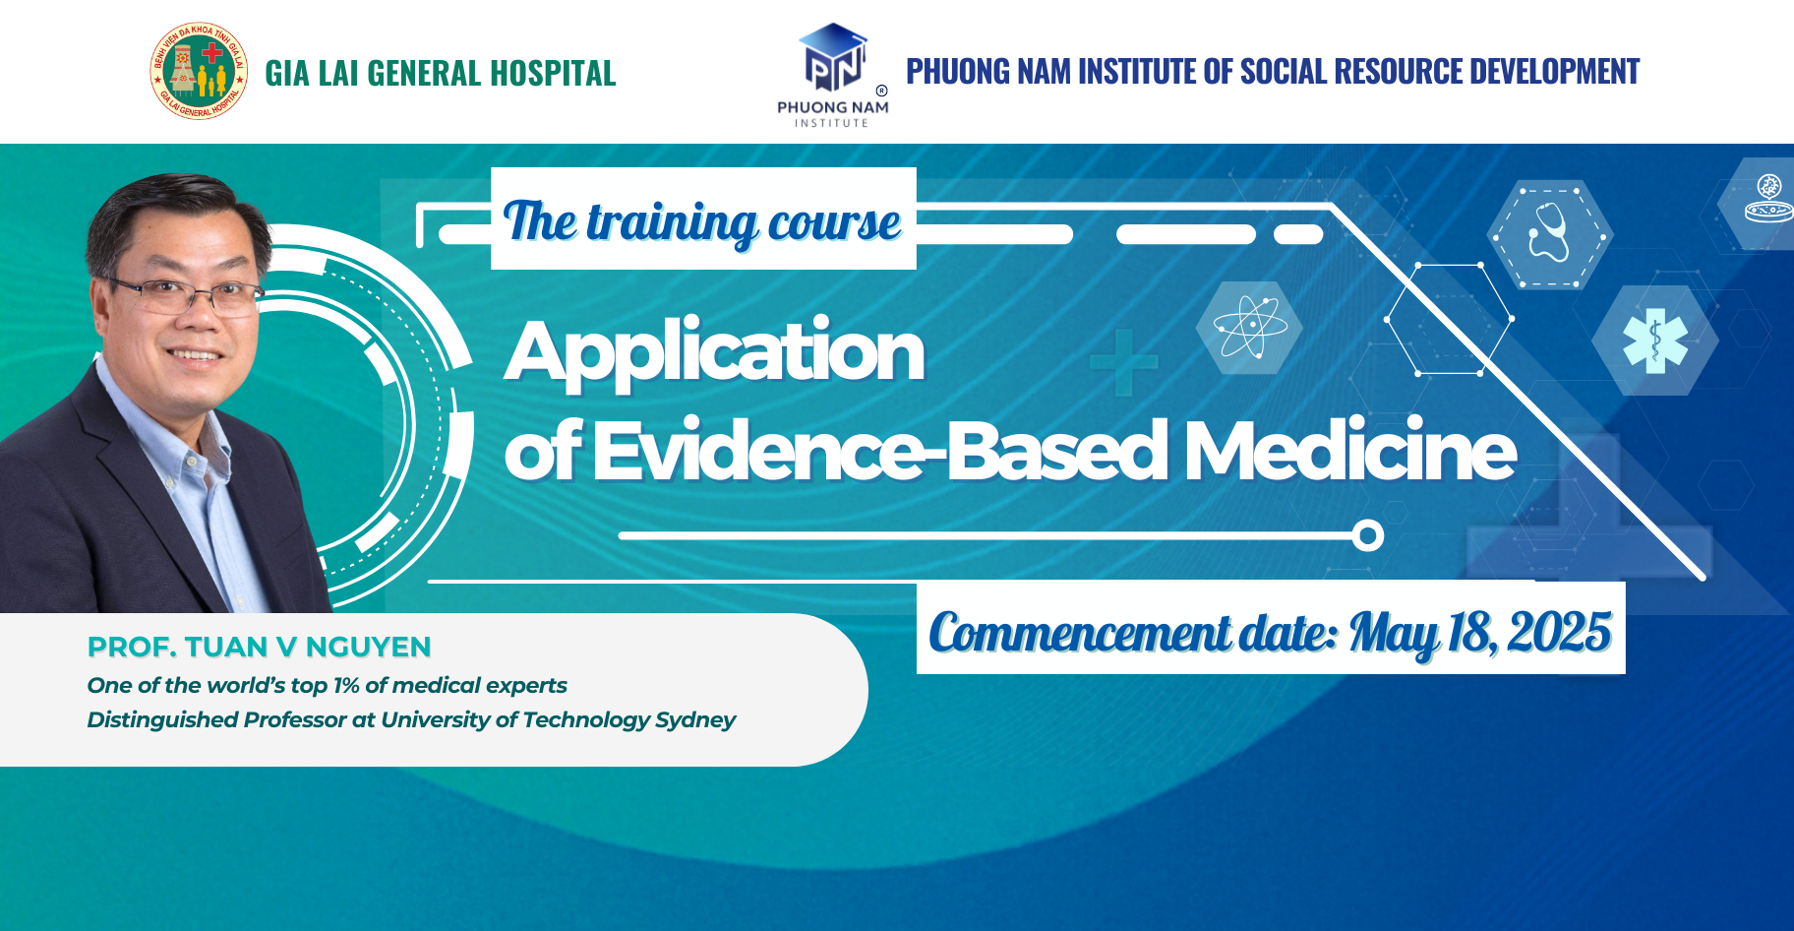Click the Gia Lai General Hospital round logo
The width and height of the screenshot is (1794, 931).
[199, 71]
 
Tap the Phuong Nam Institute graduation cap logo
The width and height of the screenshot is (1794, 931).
[833, 57]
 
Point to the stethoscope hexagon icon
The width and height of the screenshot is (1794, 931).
[1549, 234]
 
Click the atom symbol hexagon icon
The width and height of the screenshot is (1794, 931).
[1249, 327]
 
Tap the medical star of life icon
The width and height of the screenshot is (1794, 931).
[1655, 341]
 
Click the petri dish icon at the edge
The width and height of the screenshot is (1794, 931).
[1767, 200]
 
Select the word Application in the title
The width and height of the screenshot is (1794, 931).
[714, 352]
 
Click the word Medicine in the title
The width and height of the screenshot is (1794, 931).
[1349, 451]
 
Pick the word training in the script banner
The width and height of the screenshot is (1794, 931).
[672, 223]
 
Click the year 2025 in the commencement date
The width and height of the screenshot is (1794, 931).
[1559, 632]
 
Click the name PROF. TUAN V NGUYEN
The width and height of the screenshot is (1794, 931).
[259, 647]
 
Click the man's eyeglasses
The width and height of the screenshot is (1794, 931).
[187, 292]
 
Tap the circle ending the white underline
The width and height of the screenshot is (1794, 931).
[1367, 535]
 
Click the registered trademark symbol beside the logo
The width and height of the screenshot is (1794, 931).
[881, 91]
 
